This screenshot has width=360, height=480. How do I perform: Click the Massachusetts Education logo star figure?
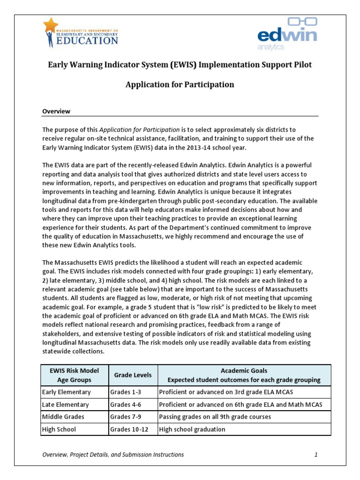50,31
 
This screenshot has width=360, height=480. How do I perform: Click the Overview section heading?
56,111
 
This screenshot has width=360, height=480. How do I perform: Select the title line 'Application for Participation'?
180,85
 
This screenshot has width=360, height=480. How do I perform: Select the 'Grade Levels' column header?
133,375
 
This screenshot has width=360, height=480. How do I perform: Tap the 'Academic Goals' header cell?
244,375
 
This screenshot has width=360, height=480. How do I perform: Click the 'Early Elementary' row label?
66,392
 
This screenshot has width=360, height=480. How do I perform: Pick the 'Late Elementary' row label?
66,405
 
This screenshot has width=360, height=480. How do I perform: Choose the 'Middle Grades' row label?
64,417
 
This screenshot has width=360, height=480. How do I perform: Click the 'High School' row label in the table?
59,429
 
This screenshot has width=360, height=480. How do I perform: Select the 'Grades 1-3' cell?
124,392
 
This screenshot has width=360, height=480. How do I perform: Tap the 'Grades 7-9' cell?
124,417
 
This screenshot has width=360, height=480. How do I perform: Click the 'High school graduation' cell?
192,429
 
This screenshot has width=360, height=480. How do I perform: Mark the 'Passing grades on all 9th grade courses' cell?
215,417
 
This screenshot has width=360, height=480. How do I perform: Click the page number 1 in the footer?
316,455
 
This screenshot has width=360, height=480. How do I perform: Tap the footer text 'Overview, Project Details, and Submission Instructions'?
113,455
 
